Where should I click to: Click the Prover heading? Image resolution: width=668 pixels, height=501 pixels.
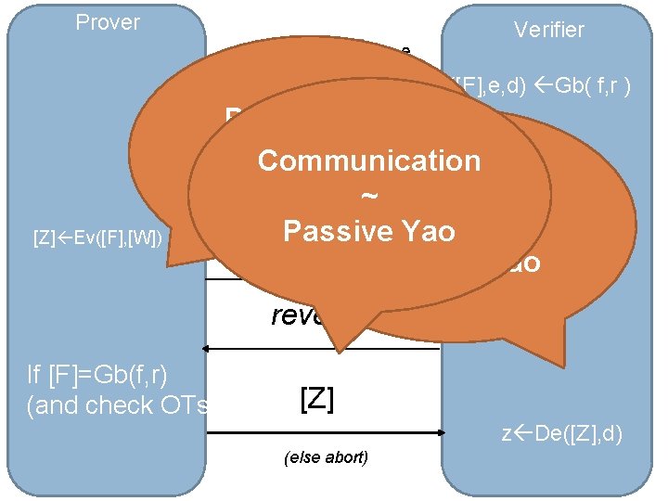[108, 22]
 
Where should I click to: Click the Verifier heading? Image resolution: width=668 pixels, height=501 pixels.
[549, 30]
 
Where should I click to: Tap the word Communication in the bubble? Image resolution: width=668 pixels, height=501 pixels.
[369, 161]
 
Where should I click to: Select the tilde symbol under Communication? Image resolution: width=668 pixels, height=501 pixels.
[369, 197]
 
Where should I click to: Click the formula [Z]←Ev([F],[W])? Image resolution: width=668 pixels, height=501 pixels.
[98, 239]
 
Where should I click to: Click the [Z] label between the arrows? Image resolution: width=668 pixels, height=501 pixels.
[317, 400]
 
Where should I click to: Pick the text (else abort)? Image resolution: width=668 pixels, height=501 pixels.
[321, 457]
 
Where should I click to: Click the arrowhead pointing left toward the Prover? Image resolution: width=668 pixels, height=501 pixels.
[208, 349]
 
